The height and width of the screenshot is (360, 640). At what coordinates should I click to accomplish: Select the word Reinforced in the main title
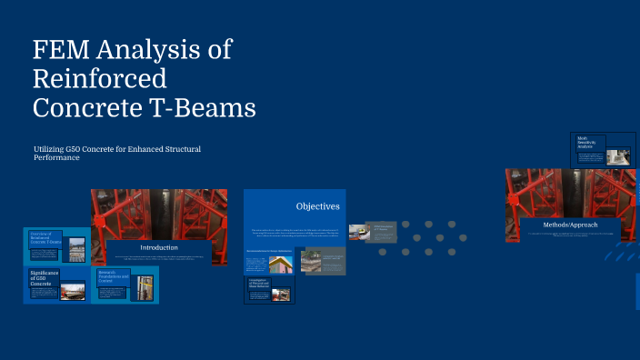coord(100,78)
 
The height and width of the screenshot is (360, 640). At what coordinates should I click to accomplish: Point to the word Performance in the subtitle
coord(57,157)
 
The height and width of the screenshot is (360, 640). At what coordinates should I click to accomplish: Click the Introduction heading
coord(159,247)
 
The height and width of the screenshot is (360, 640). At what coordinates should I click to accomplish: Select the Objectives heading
coord(317,205)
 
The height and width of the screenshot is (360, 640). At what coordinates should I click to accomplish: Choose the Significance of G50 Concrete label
coord(44,278)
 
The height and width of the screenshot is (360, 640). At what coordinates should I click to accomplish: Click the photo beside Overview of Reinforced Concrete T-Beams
coord(77,248)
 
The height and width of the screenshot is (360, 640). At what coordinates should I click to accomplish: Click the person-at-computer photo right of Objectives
coord(358,232)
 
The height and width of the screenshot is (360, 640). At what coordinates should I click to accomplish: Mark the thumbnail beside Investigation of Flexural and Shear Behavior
coord(282,295)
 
